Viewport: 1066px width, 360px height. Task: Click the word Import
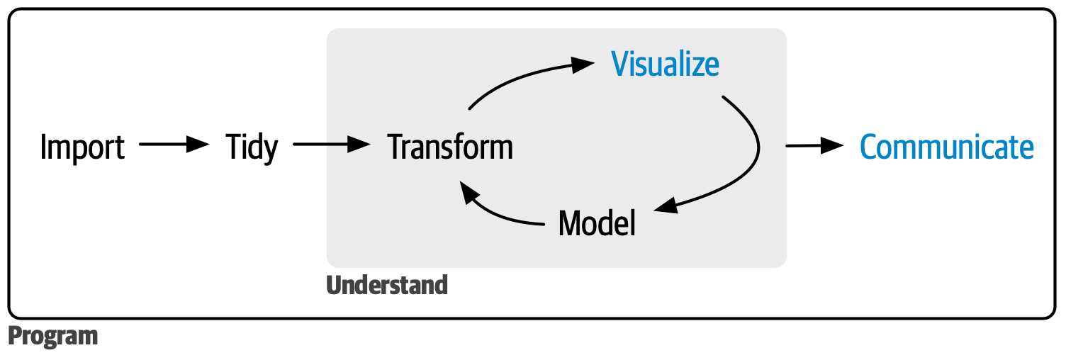click(x=82, y=147)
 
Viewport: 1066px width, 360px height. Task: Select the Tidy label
click(x=252, y=147)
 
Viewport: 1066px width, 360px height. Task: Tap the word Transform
click(x=450, y=147)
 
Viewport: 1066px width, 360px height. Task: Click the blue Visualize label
click(x=665, y=64)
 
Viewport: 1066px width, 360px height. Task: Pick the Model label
click(x=597, y=223)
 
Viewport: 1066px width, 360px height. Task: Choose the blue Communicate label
click(x=946, y=147)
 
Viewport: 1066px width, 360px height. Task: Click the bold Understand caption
click(x=387, y=285)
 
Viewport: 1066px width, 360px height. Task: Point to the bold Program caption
click(x=53, y=336)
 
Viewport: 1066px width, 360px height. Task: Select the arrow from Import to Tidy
click(x=174, y=144)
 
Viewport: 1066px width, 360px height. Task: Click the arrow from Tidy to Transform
click(x=332, y=144)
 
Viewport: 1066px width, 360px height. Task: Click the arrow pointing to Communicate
click(x=814, y=145)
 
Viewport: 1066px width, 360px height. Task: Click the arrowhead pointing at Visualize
click(x=583, y=64)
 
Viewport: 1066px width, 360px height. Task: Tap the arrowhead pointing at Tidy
click(x=198, y=144)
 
